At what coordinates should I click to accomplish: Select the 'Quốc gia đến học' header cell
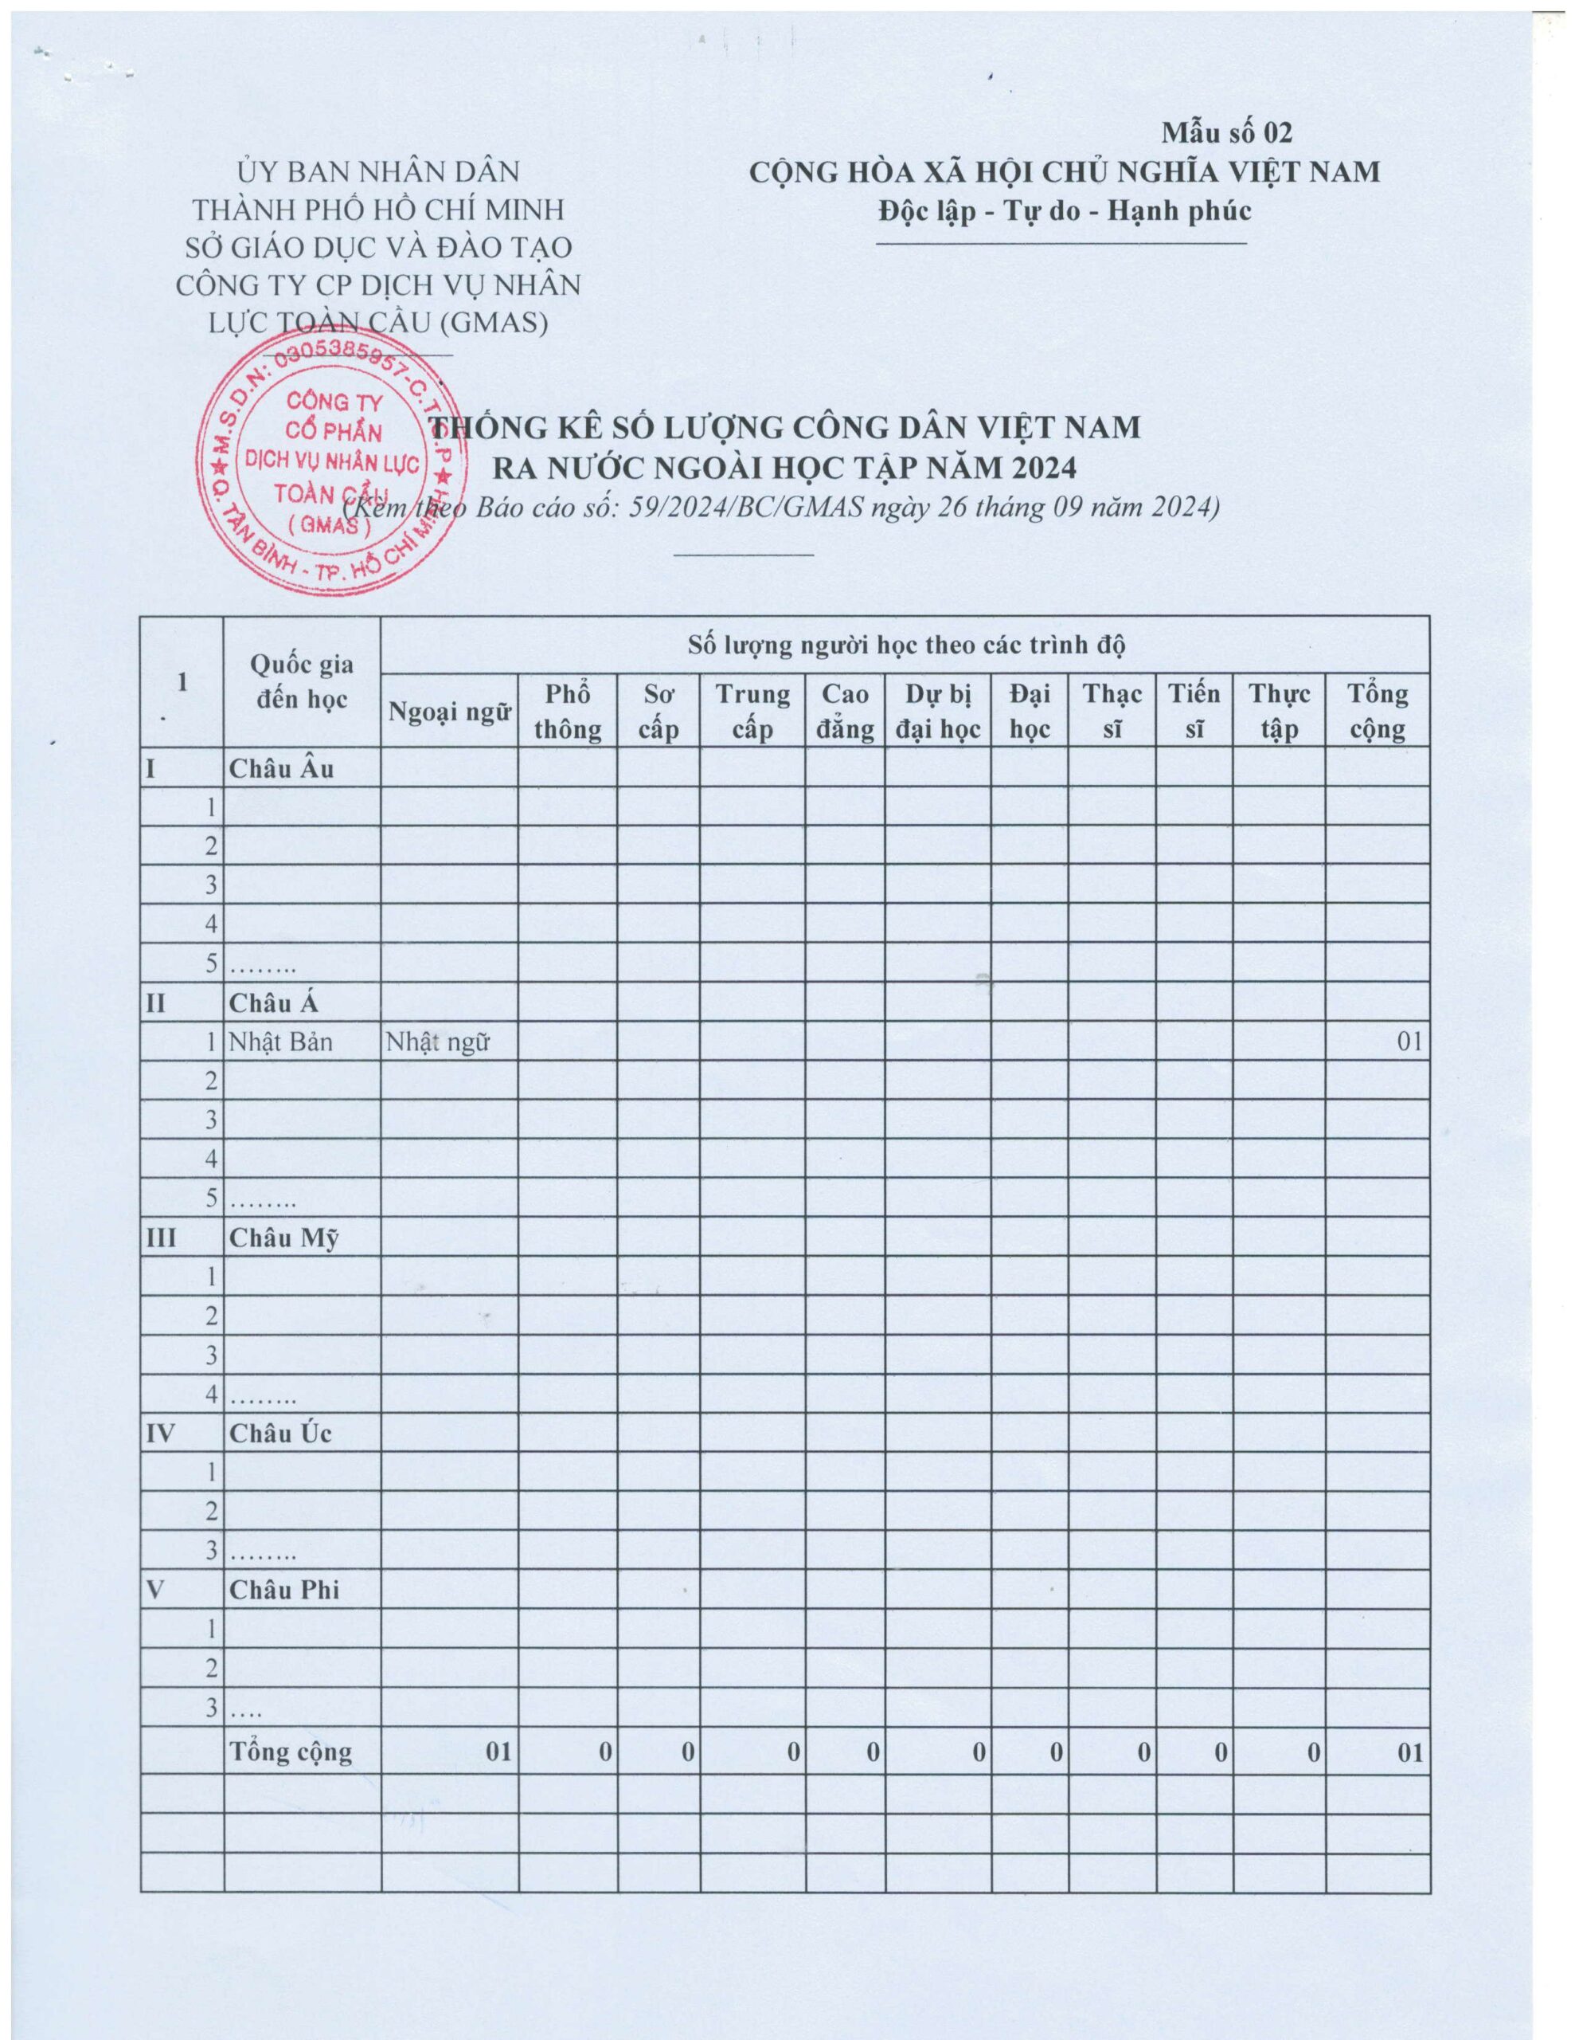(x=302, y=681)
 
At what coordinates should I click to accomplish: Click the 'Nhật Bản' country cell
(x=280, y=1042)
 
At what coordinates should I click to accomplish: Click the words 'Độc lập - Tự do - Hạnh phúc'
(x=1065, y=210)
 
